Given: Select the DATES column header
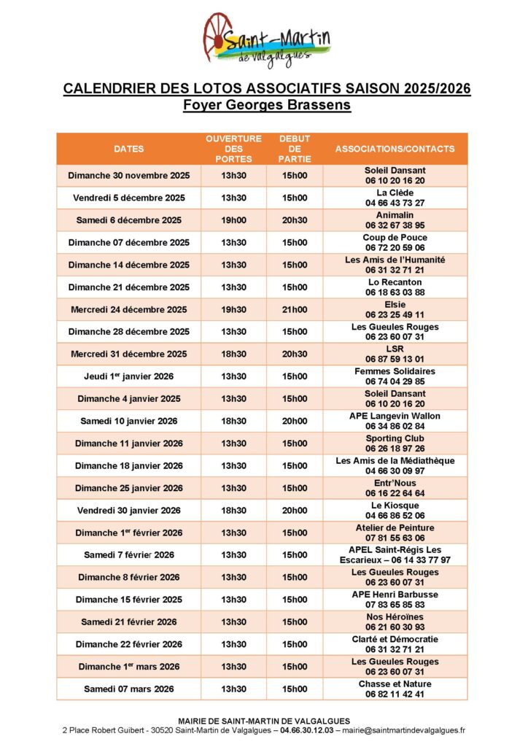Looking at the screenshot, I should click(129, 149).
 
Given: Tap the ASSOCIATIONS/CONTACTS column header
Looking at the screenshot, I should click(395, 149).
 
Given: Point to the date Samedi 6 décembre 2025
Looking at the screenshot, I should click(129, 220).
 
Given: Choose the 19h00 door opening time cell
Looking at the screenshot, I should click(234, 220).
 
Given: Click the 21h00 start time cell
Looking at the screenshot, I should click(295, 309).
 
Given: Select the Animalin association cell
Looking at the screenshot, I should click(395, 220).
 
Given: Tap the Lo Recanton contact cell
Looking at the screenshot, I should click(395, 287).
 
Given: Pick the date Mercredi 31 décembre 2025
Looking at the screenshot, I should click(129, 354).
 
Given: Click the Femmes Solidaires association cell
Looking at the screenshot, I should click(395, 376).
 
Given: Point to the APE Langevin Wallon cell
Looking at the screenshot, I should click(395, 421).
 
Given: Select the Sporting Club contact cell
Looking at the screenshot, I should click(395, 444).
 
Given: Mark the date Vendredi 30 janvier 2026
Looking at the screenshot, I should click(129, 510).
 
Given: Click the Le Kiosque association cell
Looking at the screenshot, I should click(395, 510).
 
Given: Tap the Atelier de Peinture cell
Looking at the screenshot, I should click(395, 533).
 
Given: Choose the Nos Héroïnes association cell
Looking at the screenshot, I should click(395, 622).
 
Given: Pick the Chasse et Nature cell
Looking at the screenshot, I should click(395, 689).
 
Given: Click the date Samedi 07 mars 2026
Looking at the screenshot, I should click(129, 689).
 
